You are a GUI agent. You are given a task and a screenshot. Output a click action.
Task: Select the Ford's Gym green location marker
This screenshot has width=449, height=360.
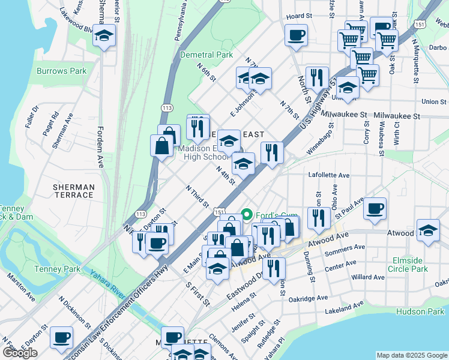click(246, 215)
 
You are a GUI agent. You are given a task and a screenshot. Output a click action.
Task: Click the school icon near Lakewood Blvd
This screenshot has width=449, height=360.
click(104, 37)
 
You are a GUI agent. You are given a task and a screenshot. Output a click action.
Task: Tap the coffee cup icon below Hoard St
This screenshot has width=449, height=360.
click(295, 35)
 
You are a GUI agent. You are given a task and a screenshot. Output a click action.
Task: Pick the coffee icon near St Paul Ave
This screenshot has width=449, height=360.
click(375, 209)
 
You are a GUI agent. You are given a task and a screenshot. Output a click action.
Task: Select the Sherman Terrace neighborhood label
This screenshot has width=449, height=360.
click(73, 191)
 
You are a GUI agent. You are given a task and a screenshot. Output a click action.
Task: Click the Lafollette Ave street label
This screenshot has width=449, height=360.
click(328, 175)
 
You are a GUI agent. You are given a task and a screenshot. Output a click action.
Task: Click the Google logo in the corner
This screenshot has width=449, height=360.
click(20, 353)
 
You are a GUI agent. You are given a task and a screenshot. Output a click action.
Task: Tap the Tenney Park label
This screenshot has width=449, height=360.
click(57, 269)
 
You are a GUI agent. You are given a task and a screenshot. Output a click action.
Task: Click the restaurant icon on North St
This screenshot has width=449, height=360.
click(316, 78)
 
